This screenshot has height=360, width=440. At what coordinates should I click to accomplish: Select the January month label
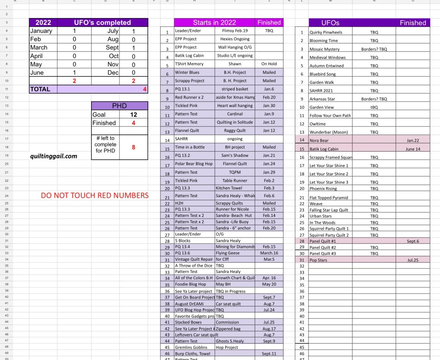41,31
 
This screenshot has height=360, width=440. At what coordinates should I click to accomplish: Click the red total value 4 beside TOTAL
145,89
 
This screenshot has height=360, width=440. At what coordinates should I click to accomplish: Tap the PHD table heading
119,106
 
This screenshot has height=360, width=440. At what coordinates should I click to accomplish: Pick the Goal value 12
134,115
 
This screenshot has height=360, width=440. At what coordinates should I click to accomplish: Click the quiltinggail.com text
54,156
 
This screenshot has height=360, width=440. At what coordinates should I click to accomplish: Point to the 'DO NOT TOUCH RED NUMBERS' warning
95,195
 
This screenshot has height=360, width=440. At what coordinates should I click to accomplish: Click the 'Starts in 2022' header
214,23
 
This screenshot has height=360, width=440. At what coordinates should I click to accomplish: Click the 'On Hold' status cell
269,64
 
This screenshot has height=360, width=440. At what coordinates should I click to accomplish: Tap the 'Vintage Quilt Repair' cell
194,259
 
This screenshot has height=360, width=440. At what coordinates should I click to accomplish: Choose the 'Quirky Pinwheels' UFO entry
324,32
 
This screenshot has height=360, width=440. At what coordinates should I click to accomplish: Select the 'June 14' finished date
412,149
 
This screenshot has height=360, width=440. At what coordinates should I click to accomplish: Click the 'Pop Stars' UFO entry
318,260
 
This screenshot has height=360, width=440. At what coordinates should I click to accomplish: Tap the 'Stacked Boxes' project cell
188,322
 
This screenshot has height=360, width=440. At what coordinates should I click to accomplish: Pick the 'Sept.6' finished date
412,241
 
